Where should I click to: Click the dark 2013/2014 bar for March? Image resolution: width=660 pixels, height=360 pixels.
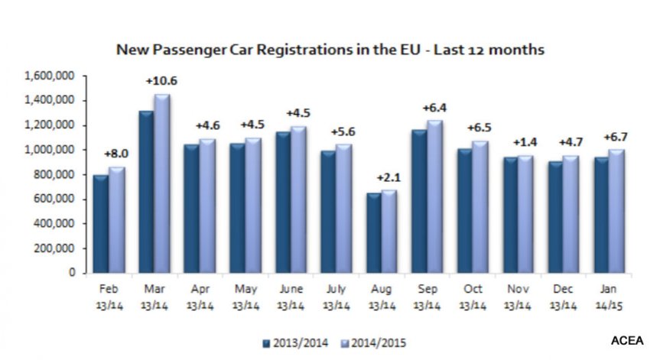[x=146, y=192]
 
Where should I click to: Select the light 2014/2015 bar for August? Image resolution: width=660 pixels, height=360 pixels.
[x=389, y=232]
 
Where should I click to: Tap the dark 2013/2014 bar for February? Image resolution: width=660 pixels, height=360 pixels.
[x=101, y=224]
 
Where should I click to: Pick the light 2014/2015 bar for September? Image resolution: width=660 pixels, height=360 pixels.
[x=435, y=196]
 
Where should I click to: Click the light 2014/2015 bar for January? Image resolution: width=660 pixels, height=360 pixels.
[x=616, y=211]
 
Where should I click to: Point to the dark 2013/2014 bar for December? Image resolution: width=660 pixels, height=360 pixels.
[x=556, y=217]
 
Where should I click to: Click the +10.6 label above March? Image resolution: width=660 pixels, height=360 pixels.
[x=161, y=81]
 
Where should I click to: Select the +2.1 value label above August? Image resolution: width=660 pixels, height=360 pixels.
[x=389, y=178]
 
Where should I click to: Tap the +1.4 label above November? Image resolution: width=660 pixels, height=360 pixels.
[x=525, y=143]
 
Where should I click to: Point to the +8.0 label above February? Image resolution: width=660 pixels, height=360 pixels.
[x=116, y=154]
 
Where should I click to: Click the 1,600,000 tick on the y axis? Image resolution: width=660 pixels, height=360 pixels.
[x=50, y=76]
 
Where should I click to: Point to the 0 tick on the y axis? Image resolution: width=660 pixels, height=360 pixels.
[x=72, y=273]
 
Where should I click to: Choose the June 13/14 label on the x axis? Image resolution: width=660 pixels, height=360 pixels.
[x=291, y=297]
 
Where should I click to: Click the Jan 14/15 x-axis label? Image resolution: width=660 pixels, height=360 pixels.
[x=609, y=297]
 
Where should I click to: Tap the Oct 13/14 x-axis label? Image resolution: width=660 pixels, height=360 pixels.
[x=473, y=297]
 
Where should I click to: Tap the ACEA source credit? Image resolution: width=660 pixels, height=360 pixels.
[x=627, y=341]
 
